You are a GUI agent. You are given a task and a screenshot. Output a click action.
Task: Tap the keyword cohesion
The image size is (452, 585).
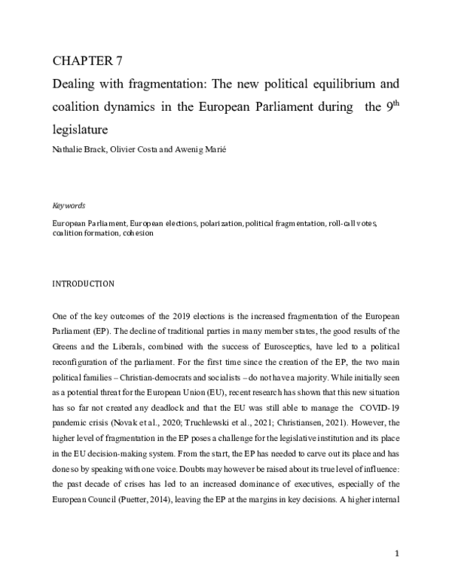click(x=136, y=233)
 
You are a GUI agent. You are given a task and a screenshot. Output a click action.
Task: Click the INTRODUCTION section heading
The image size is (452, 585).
click(x=83, y=284)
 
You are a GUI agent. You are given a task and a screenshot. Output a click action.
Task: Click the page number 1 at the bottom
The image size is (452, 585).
click(x=396, y=554)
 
